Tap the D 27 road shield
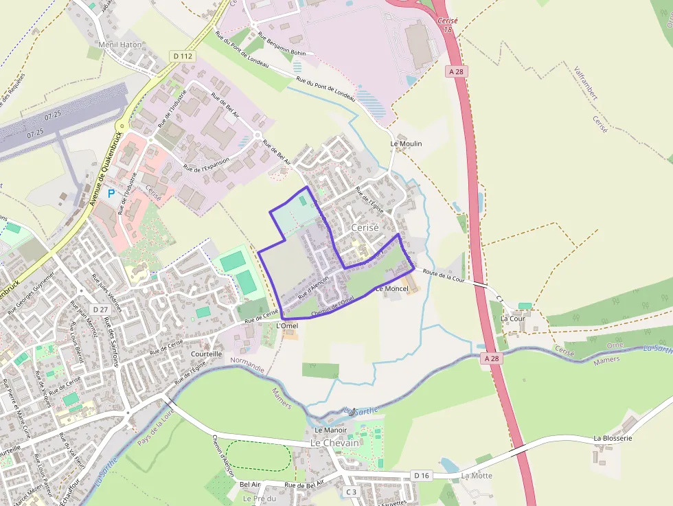tap(100, 310)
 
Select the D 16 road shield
tap(422, 475)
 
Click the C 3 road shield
tap(351, 492)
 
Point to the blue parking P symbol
tap(111, 194)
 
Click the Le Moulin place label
tap(406, 143)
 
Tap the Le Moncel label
tap(392, 289)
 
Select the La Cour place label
tap(513, 319)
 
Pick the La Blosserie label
tap(613, 438)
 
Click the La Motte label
tap(477, 475)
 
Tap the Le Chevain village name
tap(334, 444)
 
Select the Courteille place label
tap(207, 354)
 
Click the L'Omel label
tap(286, 325)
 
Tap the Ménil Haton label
tap(120, 45)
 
